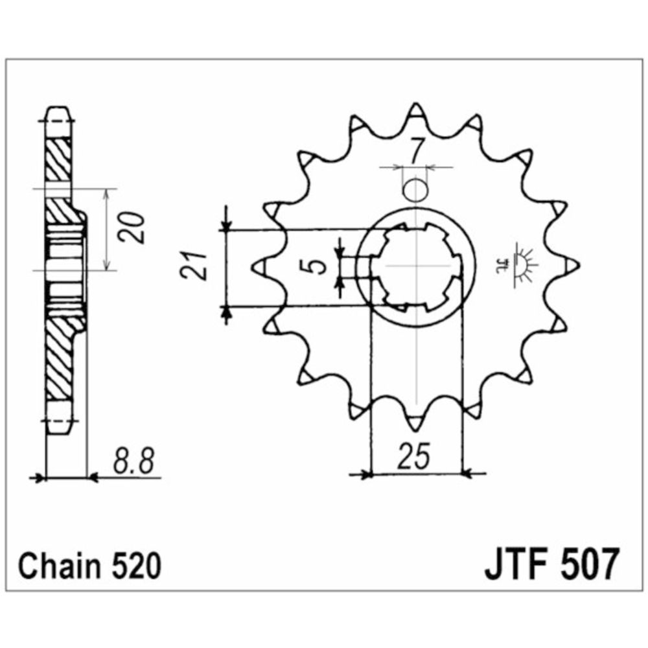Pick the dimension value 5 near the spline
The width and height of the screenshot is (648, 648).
tap(316, 266)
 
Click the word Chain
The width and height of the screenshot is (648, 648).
tap(56, 567)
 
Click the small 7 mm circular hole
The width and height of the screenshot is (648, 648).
tap(415, 191)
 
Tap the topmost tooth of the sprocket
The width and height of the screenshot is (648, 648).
tap(415, 113)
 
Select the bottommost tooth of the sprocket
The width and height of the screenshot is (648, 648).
tap(415, 421)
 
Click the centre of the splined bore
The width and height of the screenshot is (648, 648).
tap(415, 266)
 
